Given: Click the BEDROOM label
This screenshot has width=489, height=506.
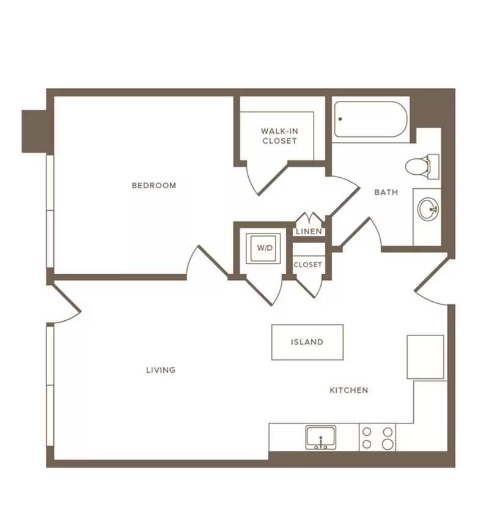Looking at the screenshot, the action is tap(153, 186).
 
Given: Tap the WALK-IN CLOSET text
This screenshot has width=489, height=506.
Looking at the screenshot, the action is tap(279, 136).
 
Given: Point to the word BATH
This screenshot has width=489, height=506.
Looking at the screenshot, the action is tap(386, 193).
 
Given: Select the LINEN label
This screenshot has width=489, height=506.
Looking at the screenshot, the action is tap(309, 232).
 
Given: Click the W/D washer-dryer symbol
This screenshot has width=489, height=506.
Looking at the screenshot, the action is tap(263, 248).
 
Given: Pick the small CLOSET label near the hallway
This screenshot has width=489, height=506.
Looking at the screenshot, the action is tap(307, 265).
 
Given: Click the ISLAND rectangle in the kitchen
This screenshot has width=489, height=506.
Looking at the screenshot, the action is tap(307, 342).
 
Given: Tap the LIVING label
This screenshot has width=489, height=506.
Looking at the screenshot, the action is tap(161, 370).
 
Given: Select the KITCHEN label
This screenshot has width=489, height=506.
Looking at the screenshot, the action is tap(349, 391).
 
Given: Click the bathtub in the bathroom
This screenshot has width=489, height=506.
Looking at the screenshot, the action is tap(370, 119).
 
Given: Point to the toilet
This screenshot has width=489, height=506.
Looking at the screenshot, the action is tap(422, 166).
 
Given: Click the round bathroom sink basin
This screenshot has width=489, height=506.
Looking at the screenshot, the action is tap(428, 209).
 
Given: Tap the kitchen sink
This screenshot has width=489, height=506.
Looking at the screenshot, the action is tap(321, 438).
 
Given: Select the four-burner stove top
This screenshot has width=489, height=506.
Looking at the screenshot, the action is tap(377, 438).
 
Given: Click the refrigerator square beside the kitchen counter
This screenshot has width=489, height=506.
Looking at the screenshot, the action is tap(425, 357).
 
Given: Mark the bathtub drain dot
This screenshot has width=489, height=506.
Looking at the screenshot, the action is tap(340, 119).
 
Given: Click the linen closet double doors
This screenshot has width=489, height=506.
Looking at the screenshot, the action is tap(310, 218).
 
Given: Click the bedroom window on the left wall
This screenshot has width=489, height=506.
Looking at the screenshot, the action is tap(50, 211).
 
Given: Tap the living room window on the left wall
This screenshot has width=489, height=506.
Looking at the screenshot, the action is tap(50, 386).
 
